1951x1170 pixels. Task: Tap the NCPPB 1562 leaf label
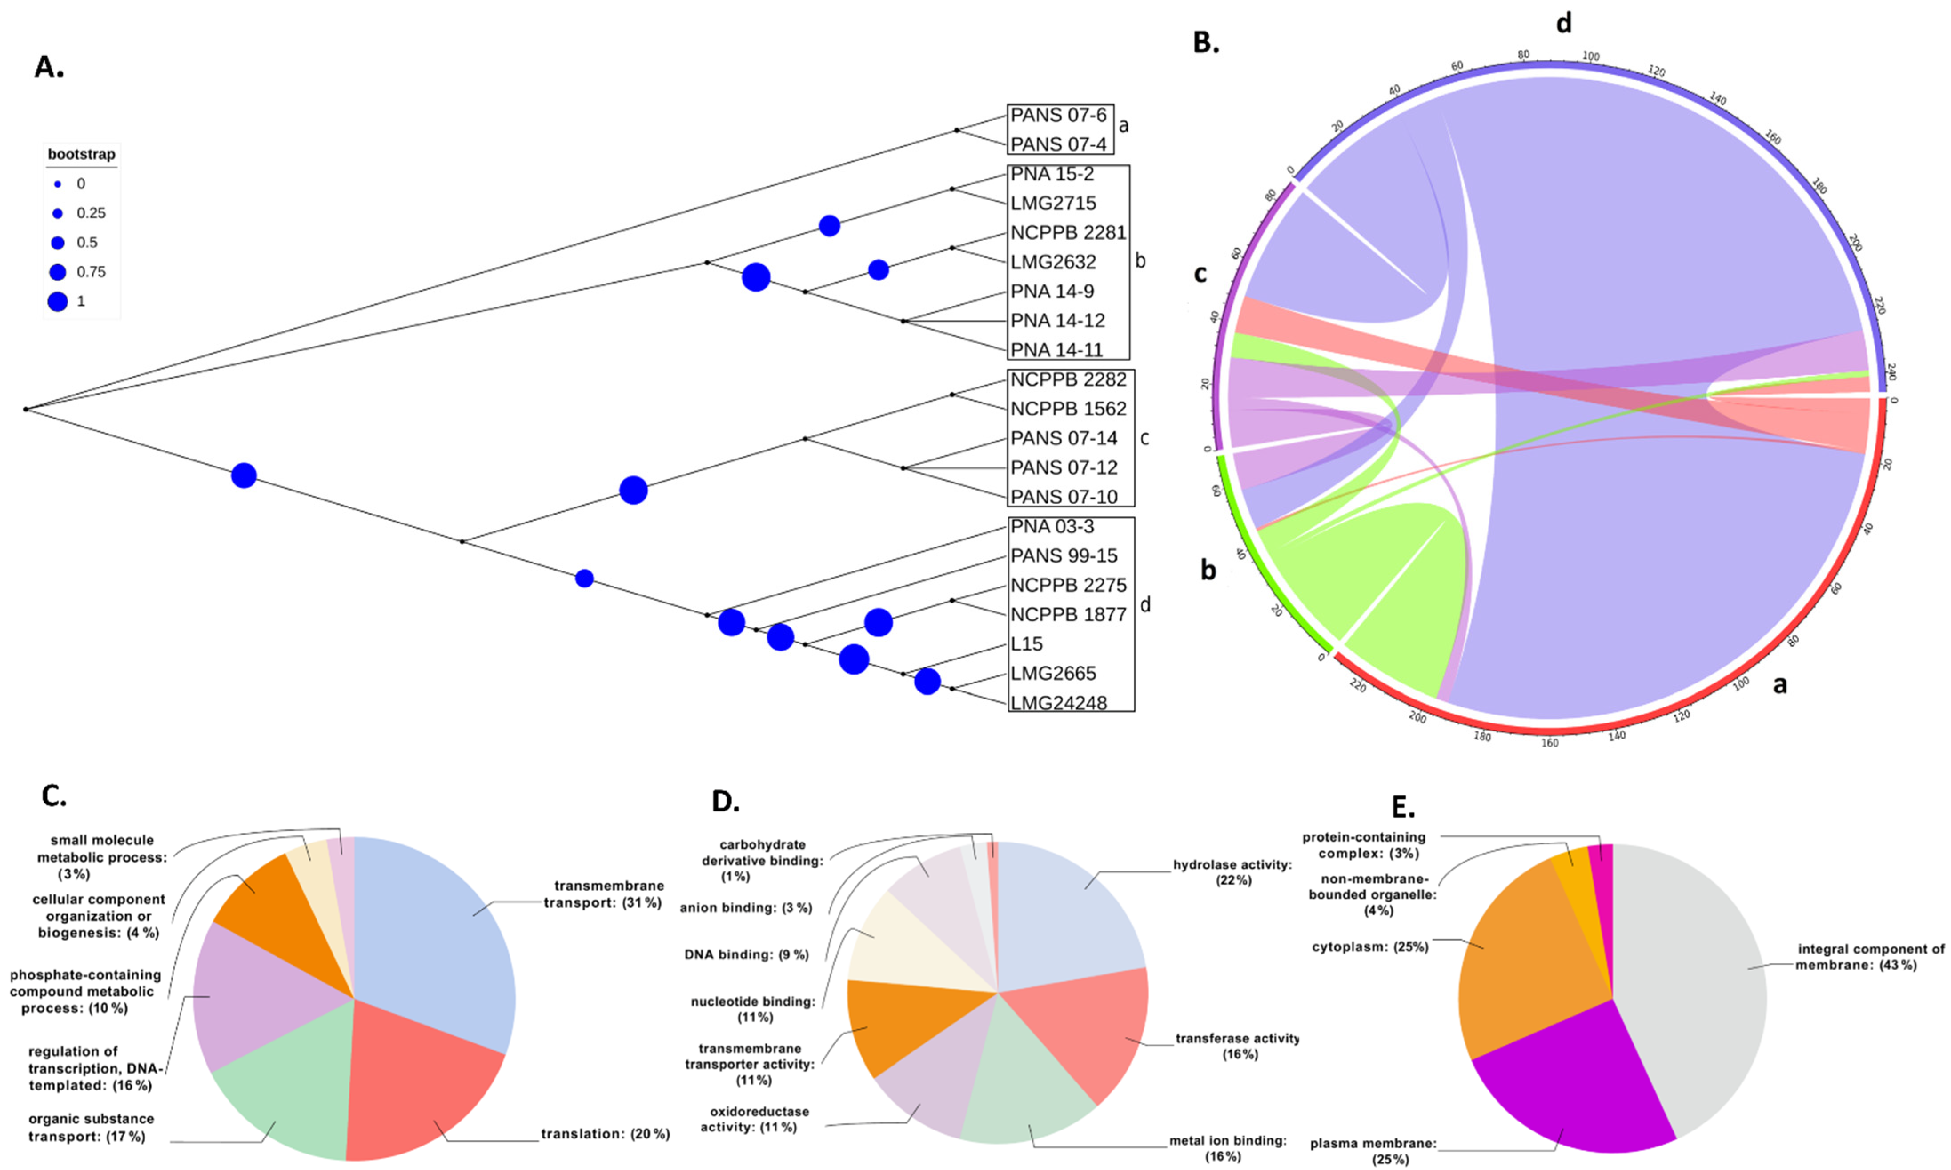(1068, 409)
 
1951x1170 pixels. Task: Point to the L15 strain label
(1026, 644)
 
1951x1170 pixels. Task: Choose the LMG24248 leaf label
(1059, 703)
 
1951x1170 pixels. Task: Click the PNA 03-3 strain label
(1052, 527)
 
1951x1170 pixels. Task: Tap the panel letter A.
(49, 68)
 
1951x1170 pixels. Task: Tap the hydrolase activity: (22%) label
(1232, 872)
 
